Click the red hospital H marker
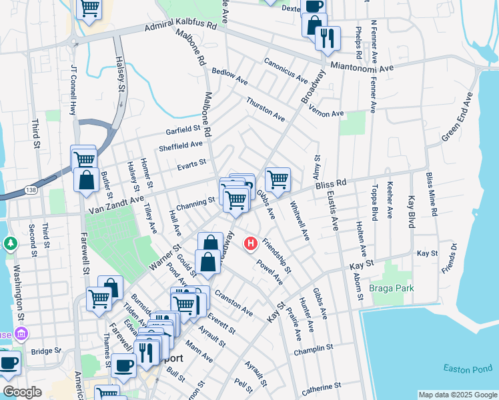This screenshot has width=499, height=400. (x=251, y=244)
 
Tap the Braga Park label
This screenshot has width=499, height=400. (x=392, y=288)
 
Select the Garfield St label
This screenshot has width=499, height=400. (x=184, y=129)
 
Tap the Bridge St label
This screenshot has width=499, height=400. (x=45, y=351)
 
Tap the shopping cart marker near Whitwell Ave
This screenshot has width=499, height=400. (x=278, y=179)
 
